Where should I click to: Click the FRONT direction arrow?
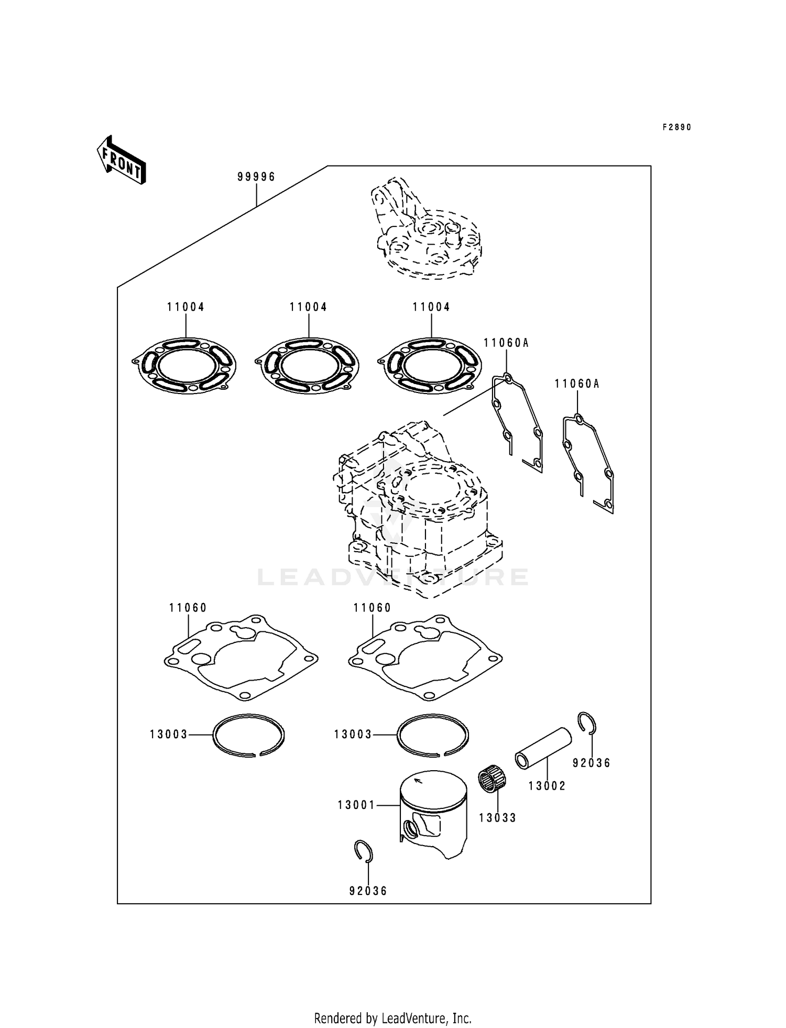[121, 160]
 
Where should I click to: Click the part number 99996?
[256, 177]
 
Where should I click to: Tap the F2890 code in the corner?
[676, 127]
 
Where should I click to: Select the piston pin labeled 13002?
[542, 748]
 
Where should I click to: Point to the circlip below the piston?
[363, 850]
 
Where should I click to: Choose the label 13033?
[497, 818]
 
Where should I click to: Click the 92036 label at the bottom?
[368, 891]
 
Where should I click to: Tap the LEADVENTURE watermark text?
[393, 577]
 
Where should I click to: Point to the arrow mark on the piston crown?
[418, 781]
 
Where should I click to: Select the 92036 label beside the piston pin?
[592, 763]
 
